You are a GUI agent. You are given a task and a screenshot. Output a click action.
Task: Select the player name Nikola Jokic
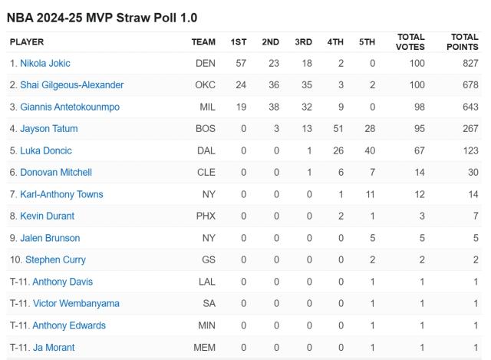click(45, 63)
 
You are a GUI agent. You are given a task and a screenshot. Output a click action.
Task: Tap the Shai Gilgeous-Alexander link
click(72, 84)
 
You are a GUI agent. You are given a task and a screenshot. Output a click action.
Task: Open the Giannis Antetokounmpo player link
click(70, 107)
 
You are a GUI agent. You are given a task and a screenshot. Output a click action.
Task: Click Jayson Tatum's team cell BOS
click(206, 128)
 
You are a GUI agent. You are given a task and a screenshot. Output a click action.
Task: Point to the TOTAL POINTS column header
click(463, 41)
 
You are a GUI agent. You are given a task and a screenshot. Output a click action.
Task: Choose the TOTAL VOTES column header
click(411, 41)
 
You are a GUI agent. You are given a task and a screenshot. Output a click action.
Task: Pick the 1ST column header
click(239, 41)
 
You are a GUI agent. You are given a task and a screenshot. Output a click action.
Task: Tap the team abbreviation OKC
click(205, 84)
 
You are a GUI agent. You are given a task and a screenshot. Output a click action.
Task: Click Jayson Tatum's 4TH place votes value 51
click(335, 128)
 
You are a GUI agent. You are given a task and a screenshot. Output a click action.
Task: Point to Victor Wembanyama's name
click(76, 303)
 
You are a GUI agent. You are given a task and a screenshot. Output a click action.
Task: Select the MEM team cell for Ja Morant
click(204, 347)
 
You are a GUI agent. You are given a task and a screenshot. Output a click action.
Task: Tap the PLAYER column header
click(27, 41)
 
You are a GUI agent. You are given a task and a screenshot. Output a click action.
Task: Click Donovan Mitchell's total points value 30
click(472, 172)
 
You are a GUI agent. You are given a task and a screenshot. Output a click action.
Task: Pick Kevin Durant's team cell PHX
click(206, 216)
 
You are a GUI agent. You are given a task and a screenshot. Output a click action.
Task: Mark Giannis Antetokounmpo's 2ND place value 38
click(270, 107)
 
